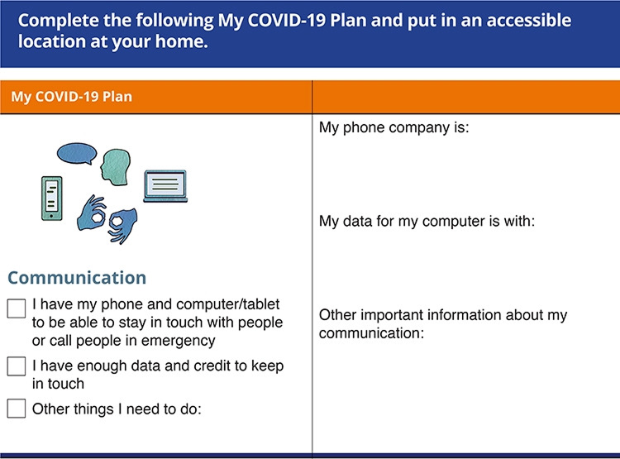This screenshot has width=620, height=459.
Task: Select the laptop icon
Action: point(165,186)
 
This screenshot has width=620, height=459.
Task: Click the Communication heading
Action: point(77,278)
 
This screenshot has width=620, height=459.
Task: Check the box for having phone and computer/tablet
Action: point(17,308)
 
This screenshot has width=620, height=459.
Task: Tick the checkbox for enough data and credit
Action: point(17,366)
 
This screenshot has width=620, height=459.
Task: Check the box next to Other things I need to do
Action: point(17,408)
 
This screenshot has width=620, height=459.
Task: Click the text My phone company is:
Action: point(394,128)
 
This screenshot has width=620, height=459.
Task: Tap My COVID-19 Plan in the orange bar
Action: point(71,97)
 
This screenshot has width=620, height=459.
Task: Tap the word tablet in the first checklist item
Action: point(261,304)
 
